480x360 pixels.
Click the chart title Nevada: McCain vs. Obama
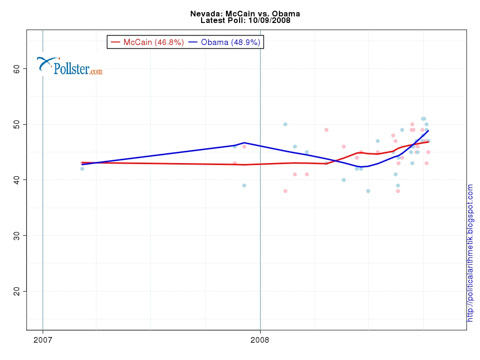(245, 14)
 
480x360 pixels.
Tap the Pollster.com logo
(70, 66)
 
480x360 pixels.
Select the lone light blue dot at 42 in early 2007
(82, 169)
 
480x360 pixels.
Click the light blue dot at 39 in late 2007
(244, 185)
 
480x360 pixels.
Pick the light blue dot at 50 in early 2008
(285, 124)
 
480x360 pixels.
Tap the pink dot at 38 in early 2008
(285, 191)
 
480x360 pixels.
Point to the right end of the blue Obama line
(428, 130)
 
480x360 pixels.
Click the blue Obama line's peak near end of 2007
(244, 142)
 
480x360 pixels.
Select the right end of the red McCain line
(428, 142)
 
